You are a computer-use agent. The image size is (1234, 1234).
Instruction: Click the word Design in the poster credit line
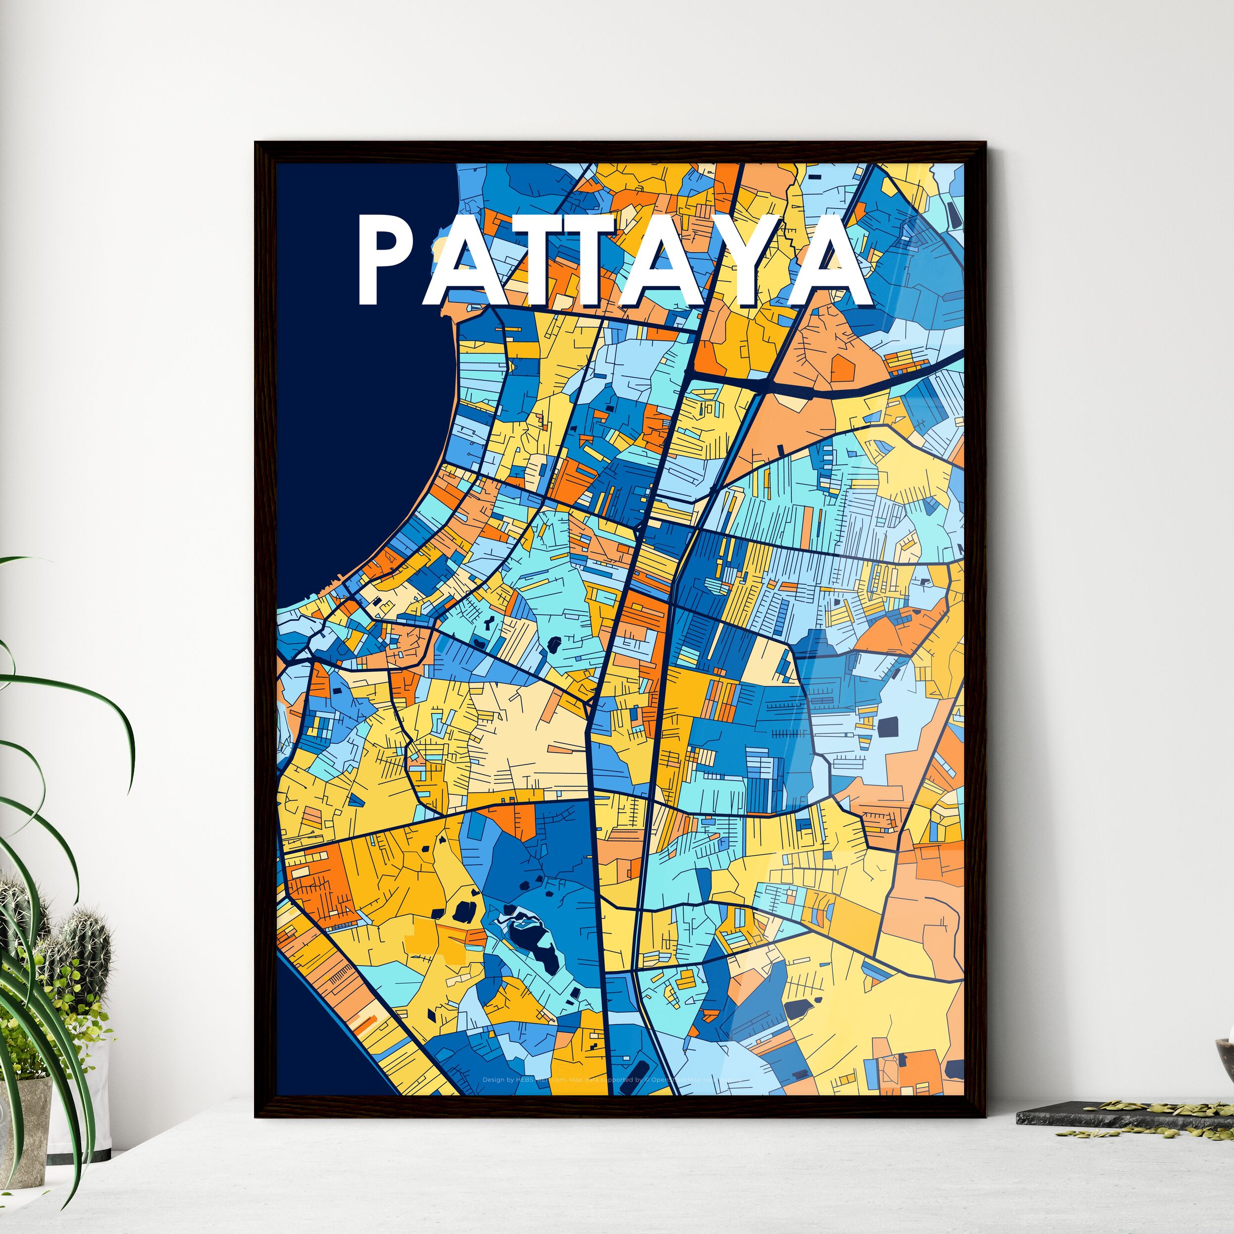point(493,1080)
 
